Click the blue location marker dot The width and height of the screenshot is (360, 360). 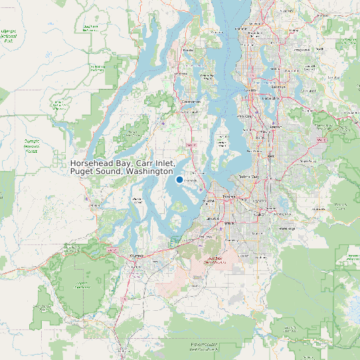pyautogui.click(x=179, y=179)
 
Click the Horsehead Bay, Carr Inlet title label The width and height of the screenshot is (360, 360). pyautogui.click(x=122, y=167)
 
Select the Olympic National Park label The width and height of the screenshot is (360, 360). pyautogui.click(x=8, y=35)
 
